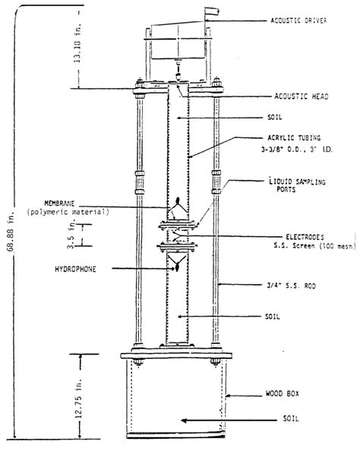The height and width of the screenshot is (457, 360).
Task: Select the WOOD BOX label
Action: (x=291, y=395)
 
